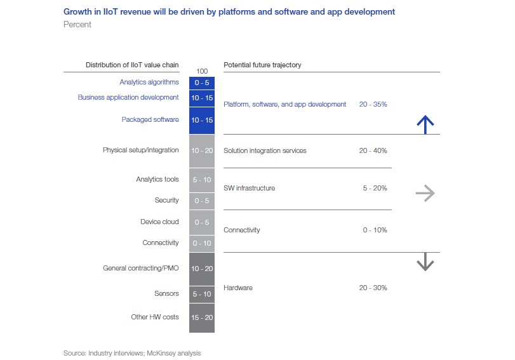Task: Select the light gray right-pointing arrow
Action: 425,194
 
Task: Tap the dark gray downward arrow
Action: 425,262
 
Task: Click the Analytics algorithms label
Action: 149,82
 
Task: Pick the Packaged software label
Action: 150,119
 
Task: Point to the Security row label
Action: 167,201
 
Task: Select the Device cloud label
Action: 159,222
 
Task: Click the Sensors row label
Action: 166,295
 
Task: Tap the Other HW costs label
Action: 155,317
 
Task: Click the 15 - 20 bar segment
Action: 202,317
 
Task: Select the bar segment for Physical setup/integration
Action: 202,150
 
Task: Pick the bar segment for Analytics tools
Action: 202,180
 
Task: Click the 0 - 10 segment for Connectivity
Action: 202,243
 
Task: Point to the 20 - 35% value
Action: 373,104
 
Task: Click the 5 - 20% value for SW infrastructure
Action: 375,188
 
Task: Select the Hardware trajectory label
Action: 238,288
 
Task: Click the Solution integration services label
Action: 265,150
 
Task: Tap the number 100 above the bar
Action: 202,71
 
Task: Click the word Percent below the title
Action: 77,25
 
